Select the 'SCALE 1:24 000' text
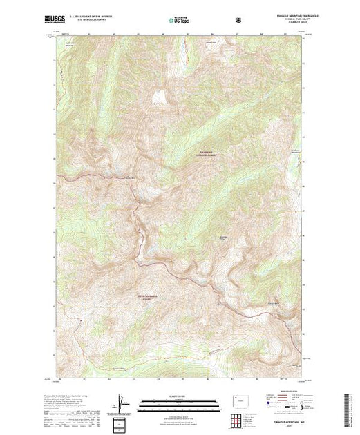177,396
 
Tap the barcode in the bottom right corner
350,407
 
